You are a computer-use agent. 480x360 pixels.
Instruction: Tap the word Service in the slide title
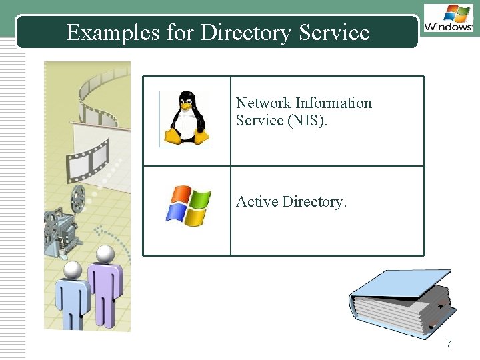[335, 32]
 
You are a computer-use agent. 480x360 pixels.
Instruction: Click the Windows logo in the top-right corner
[448, 19]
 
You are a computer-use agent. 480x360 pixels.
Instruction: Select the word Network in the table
[263, 103]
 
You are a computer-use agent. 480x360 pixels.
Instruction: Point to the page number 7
[449, 344]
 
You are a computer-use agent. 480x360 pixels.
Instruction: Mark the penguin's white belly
[184, 123]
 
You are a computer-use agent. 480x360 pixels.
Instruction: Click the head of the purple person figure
[105, 253]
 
